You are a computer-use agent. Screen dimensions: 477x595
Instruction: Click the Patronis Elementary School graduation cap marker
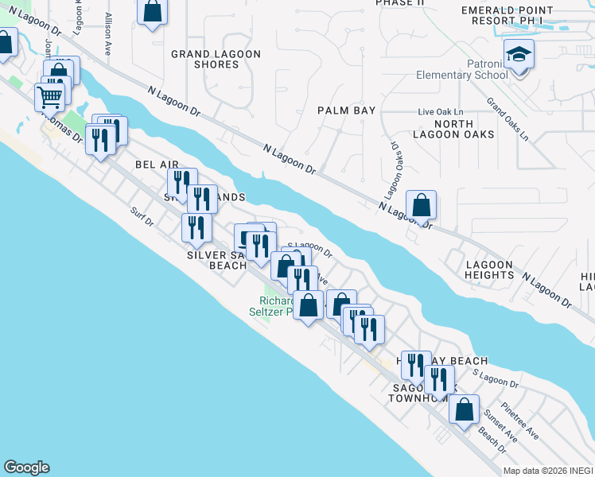pyautogui.click(x=519, y=55)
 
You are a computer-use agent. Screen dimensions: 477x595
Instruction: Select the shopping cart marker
pyautogui.click(x=49, y=98)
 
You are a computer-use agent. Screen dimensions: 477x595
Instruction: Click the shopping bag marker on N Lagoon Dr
pyautogui.click(x=421, y=206)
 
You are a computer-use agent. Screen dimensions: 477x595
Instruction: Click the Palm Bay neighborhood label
pyautogui.click(x=346, y=111)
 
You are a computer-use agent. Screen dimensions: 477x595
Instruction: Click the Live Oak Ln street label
pyautogui.click(x=441, y=112)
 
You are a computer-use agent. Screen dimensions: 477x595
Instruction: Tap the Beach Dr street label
pyautogui.click(x=492, y=441)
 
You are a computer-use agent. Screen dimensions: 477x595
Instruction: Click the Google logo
pyautogui.click(x=26, y=467)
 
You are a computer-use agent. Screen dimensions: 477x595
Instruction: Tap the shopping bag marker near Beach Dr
pyautogui.click(x=464, y=410)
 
